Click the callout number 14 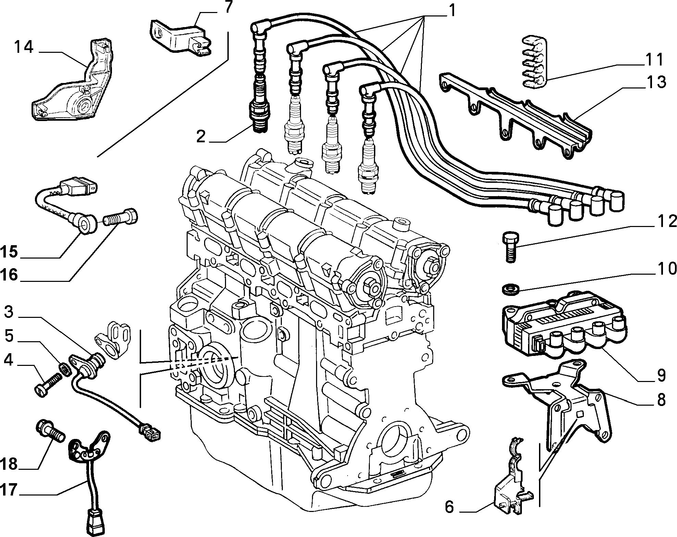[23, 47]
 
